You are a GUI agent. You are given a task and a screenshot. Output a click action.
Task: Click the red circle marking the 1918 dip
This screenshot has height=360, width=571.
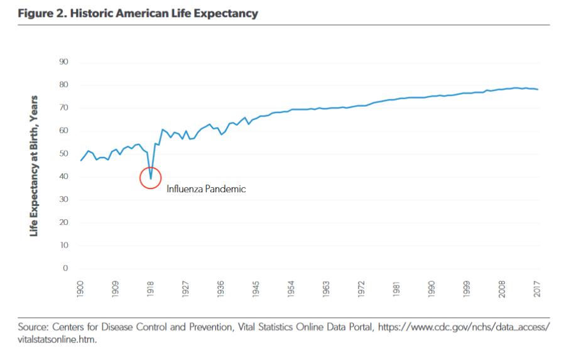tap(151, 178)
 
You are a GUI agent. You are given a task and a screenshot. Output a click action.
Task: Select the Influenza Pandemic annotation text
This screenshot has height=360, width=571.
tap(206, 188)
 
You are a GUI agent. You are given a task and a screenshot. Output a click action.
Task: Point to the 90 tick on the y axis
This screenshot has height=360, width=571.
tap(64, 62)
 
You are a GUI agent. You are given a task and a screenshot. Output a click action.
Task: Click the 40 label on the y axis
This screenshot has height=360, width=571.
tap(64, 177)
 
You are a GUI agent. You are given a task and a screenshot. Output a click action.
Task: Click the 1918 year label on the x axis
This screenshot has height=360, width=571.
tap(151, 289)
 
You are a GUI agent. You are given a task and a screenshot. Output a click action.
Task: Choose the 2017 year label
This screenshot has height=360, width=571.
tap(538, 289)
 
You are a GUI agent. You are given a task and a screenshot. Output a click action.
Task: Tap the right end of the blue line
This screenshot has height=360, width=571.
tap(538, 89)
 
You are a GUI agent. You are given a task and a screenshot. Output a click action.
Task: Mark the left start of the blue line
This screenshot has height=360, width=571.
tap(81, 161)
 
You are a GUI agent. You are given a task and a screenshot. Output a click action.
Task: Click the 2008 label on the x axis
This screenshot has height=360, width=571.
tap(503, 289)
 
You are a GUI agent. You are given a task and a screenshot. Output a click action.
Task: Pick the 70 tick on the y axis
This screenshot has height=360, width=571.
tap(64, 107)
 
